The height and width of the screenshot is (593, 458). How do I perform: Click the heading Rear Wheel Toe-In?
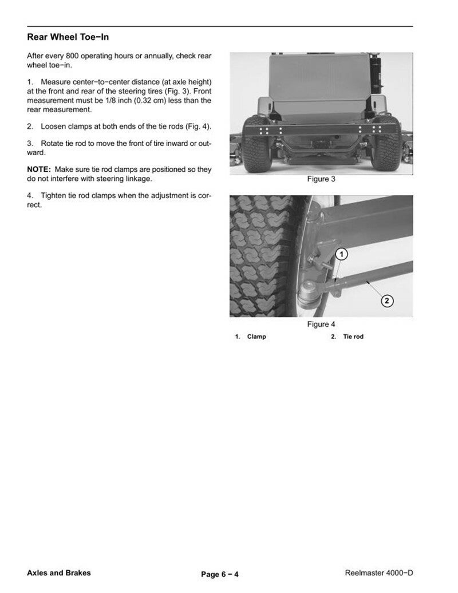(x=68, y=37)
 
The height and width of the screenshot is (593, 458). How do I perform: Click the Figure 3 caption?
(x=321, y=179)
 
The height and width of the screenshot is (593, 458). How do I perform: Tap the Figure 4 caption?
(x=321, y=325)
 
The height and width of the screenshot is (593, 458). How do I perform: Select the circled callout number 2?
(x=386, y=301)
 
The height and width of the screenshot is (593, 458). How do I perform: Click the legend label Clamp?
(x=256, y=337)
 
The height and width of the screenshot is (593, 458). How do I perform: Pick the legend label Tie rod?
(x=353, y=337)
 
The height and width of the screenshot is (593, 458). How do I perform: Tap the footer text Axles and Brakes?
(x=58, y=573)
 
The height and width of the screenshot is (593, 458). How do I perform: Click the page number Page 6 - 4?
(x=220, y=574)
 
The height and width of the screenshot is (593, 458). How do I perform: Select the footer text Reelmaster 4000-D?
(x=379, y=573)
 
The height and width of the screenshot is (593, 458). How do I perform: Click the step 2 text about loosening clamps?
(x=119, y=126)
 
